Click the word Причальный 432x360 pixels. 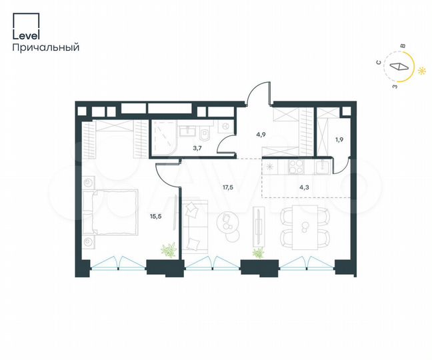click(x=46, y=47)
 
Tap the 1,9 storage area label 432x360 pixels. click(x=339, y=139)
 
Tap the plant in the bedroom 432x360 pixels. click(x=169, y=251)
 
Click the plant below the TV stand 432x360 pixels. click(x=257, y=253)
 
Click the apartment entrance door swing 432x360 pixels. click(x=258, y=93)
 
